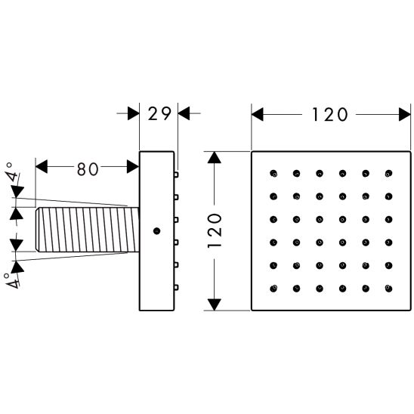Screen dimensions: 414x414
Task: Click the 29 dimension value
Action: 159,114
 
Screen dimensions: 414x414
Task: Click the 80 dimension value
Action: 88,169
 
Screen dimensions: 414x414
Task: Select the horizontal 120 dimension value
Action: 329,115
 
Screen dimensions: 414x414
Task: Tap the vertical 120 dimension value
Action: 215,230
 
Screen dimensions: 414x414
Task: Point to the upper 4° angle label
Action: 13,171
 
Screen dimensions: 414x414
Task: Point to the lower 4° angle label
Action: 11,280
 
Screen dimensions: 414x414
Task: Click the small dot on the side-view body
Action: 156,231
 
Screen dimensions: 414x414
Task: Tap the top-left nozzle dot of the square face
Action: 273,174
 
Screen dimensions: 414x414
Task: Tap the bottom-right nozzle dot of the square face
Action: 388,289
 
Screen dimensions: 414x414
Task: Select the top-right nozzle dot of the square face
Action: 388,174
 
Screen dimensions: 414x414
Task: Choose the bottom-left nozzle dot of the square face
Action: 273,289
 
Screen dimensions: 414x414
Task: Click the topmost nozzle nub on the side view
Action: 176,175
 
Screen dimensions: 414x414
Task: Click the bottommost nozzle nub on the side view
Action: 176,287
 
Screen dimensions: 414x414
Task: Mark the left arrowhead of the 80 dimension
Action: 42,167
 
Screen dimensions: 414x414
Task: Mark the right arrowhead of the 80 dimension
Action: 133,167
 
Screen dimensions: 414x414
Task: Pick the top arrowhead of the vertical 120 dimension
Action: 214,158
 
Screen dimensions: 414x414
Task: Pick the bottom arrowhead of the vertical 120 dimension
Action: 214,304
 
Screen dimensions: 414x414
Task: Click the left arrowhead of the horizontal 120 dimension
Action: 258,114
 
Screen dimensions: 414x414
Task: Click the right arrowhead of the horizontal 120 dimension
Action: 405,114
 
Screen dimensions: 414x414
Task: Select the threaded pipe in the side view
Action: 88,230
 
